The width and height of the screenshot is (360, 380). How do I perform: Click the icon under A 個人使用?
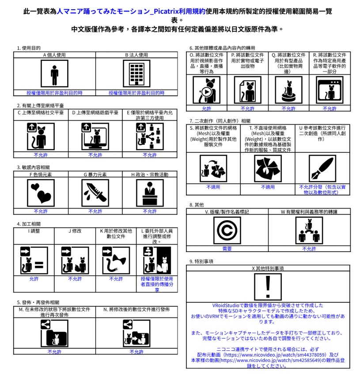(54, 74)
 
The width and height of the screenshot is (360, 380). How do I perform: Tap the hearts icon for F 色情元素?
(41, 193)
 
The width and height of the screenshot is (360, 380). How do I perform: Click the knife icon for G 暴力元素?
(95, 193)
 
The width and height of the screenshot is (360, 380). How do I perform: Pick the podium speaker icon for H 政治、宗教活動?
(150, 193)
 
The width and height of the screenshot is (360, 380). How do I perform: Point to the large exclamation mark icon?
(268, 286)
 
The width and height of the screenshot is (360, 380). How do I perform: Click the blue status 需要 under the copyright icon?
(227, 249)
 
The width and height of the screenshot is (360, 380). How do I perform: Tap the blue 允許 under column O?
(207, 108)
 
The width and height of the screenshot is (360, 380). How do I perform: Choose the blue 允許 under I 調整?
(34, 279)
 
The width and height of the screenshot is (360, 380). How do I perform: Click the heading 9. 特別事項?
(201, 261)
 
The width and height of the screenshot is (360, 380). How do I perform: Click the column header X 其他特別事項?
(268, 268)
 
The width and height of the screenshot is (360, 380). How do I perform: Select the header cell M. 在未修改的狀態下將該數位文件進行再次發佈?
(54, 312)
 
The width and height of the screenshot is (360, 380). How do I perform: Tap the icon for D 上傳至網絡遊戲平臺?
(95, 136)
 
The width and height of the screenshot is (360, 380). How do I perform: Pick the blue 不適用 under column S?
(213, 187)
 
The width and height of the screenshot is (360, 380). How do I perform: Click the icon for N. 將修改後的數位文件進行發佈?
(136, 333)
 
